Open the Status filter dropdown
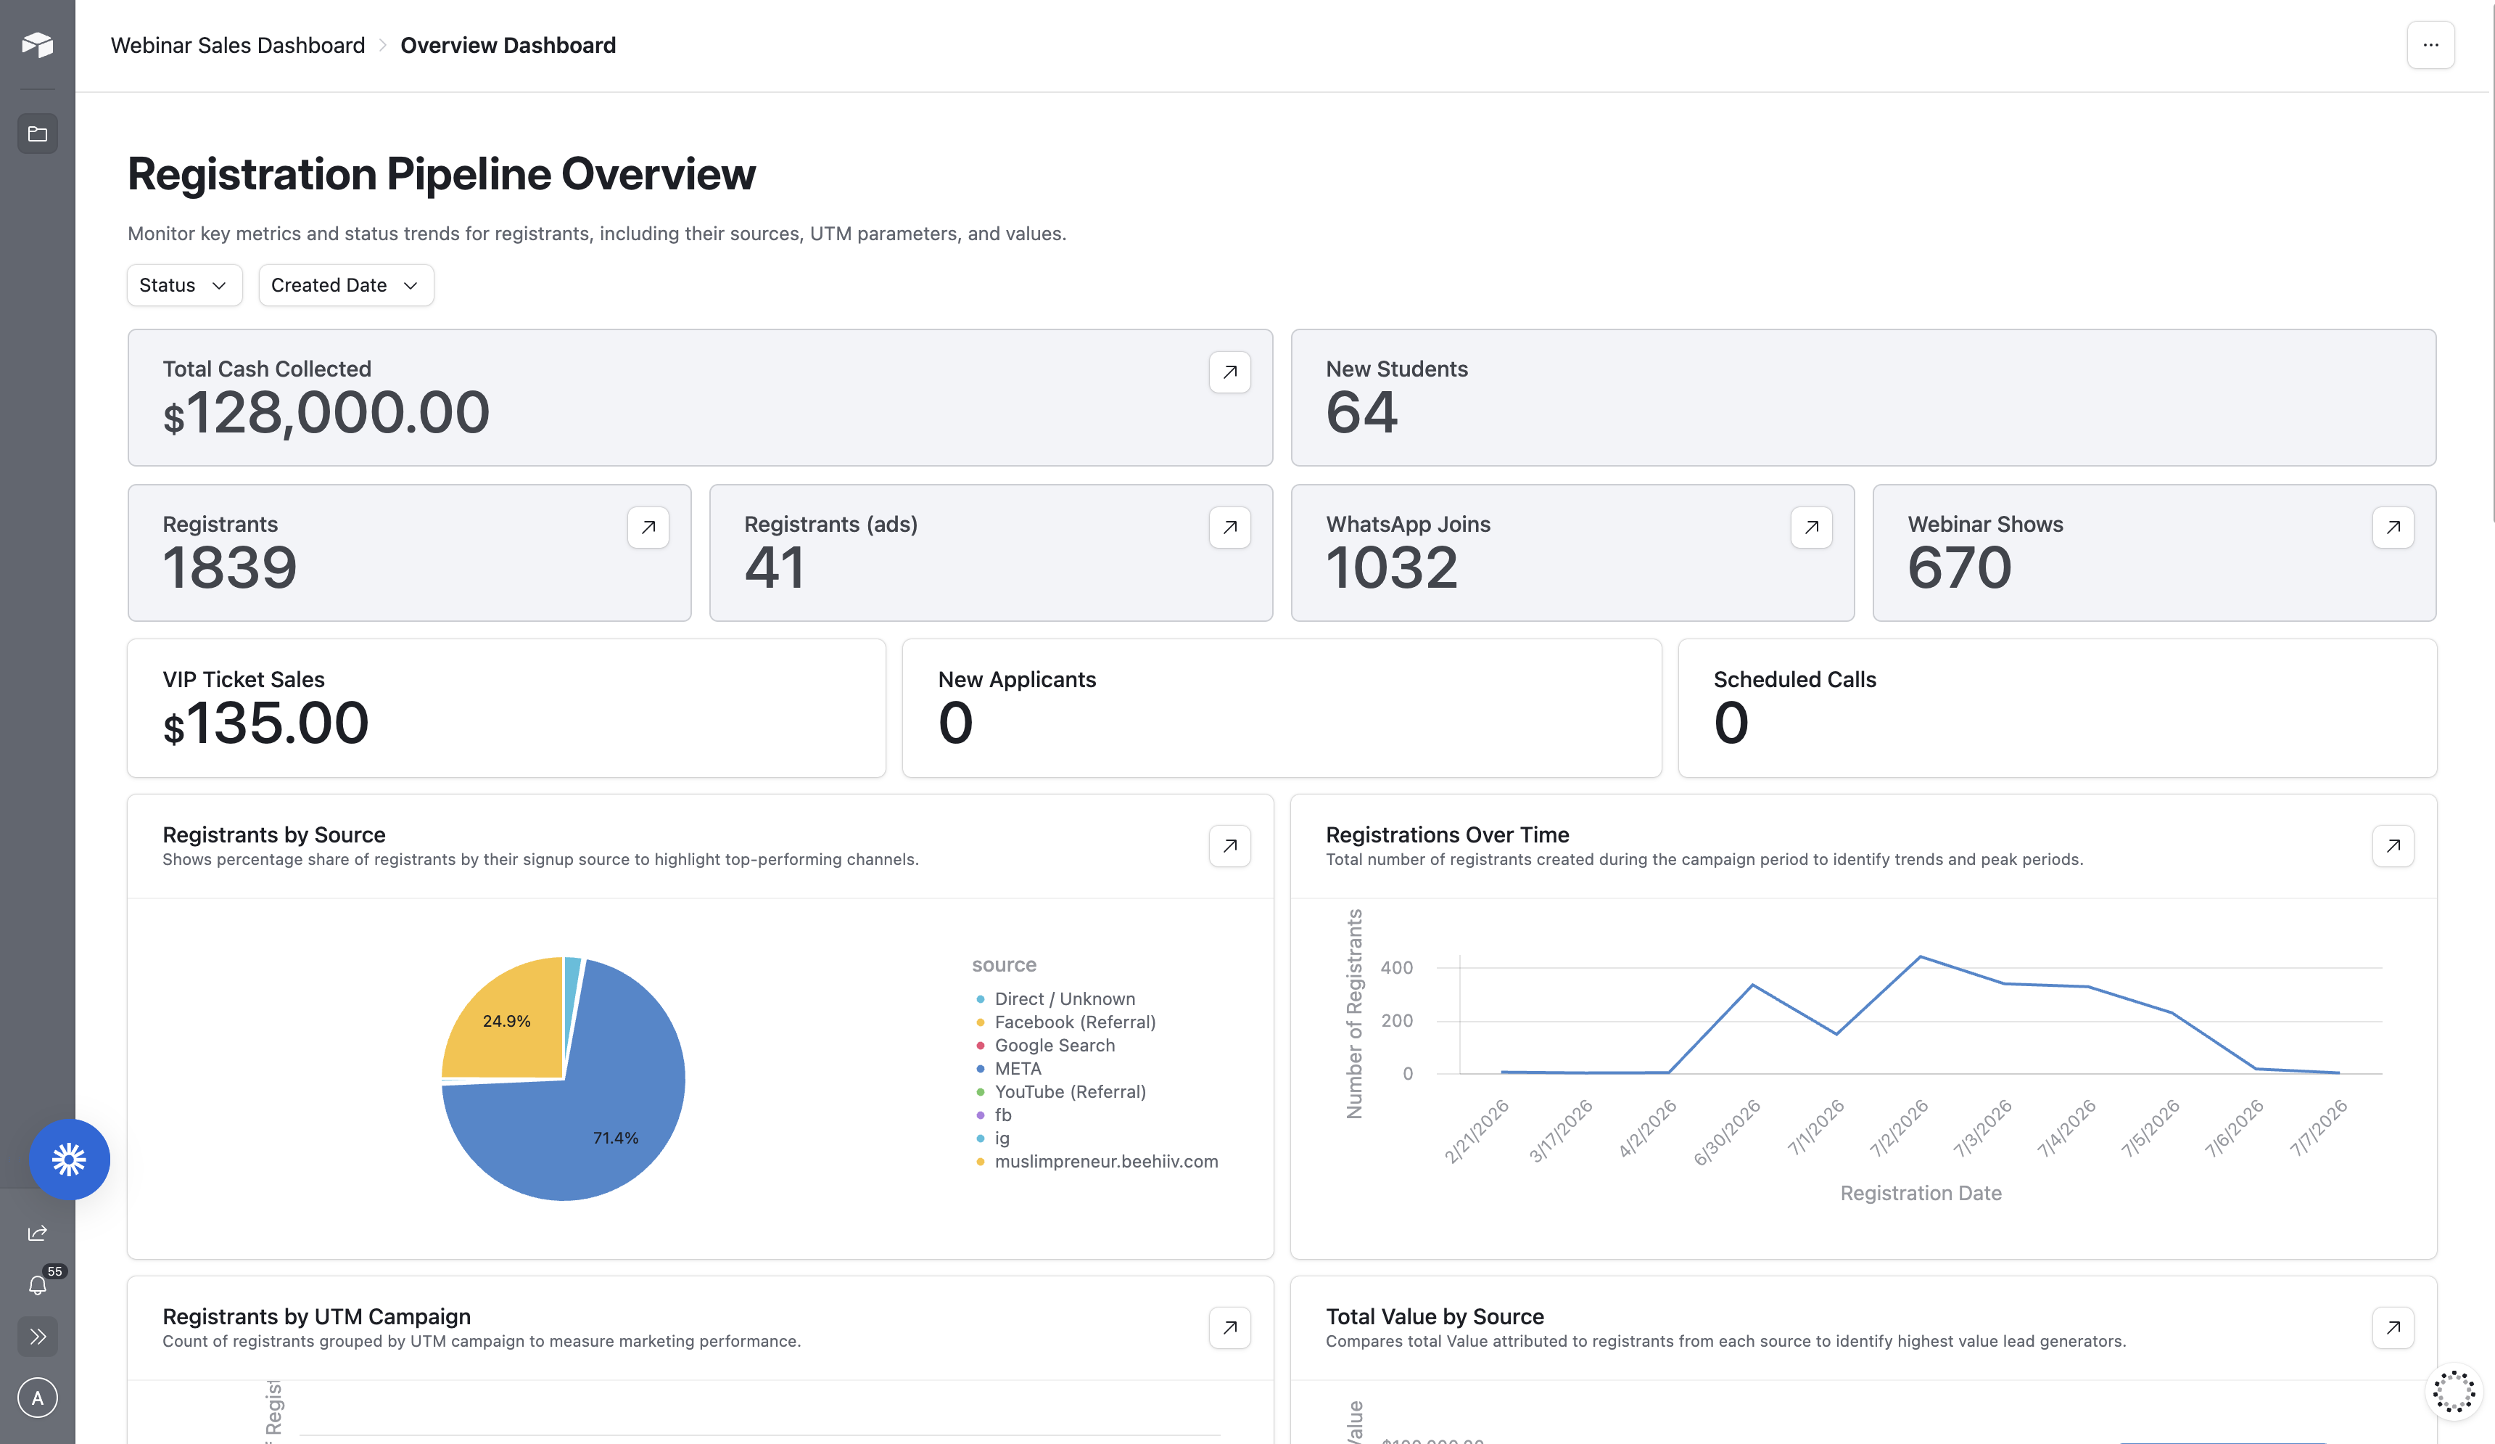click(184, 285)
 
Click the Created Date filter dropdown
click(345, 285)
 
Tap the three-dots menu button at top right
click(2430, 44)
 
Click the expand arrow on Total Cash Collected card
click(1229, 372)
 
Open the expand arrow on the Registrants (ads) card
click(1229, 528)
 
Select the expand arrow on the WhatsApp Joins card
click(1812, 528)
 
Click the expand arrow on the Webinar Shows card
click(2393, 528)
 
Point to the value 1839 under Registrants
click(230, 567)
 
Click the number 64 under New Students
click(1362, 412)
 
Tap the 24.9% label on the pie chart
click(507, 1021)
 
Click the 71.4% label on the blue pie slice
click(616, 1138)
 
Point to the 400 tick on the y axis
click(1396, 967)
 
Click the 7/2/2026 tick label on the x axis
click(1899, 1128)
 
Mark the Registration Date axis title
click(1921, 1194)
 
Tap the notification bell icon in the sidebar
click(38, 1286)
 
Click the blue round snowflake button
click(70, 1160)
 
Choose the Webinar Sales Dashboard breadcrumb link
click(238, 46)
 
